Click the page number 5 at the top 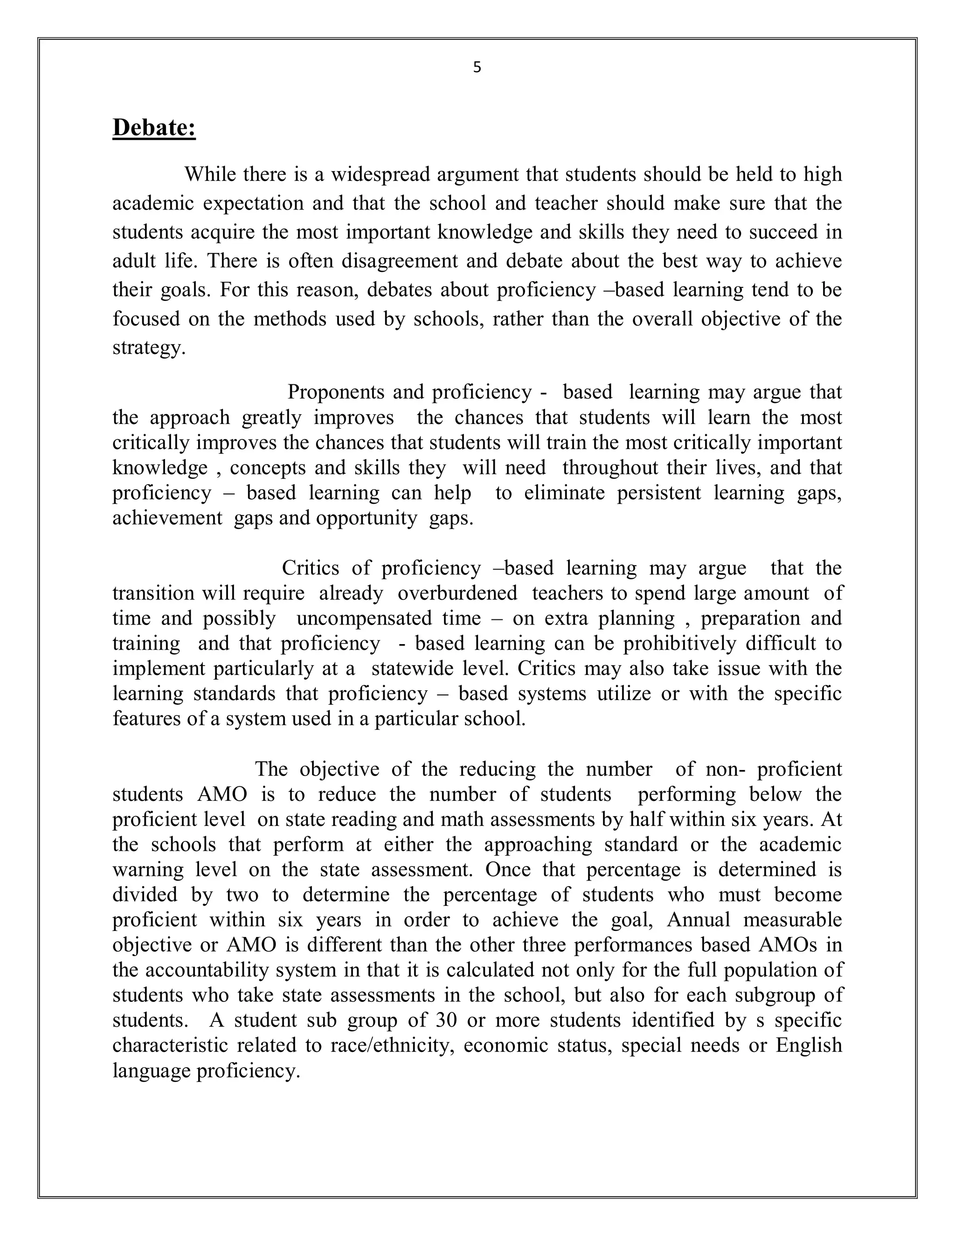click(x=477, y=67)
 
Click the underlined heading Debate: click(x=154, y=127)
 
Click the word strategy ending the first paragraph click(x=148, y=347)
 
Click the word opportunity click(x=367, y=518)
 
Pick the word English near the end click(x=809, y=1045)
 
